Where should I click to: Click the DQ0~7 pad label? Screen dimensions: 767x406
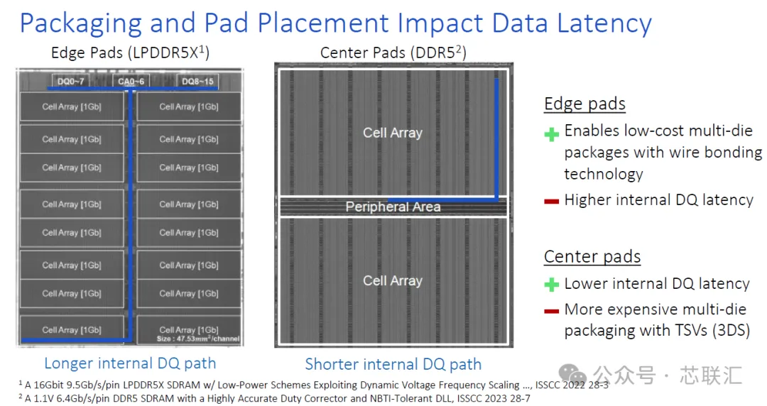point(71,81)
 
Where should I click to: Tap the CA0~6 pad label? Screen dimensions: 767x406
point(131,81)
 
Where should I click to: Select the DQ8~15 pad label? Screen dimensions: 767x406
point(197,81)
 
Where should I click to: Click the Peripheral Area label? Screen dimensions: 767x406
point(393,207)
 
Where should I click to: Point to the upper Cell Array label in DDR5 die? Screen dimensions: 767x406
point(392,133)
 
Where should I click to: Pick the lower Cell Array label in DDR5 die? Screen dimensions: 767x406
point(392,281)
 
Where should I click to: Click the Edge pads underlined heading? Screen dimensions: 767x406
point(584,104)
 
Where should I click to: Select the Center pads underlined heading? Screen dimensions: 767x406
point(592,256)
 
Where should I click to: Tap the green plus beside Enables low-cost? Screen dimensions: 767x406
point(552,134)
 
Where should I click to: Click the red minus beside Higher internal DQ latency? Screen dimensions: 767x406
point(552,201)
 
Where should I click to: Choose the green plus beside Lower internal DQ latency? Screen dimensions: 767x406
point(552,284)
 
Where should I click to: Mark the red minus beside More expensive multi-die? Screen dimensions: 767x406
point(552,311)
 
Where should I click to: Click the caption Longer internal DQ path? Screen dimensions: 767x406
point(130,363)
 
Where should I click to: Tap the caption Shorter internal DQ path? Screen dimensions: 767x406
point(393,364)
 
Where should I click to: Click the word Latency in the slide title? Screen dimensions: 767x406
point(604,23)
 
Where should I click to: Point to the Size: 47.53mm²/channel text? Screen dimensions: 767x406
point(198,339)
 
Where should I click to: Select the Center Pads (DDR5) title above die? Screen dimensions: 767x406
point(393,53)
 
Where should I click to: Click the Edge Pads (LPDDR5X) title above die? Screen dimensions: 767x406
point(130,52)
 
